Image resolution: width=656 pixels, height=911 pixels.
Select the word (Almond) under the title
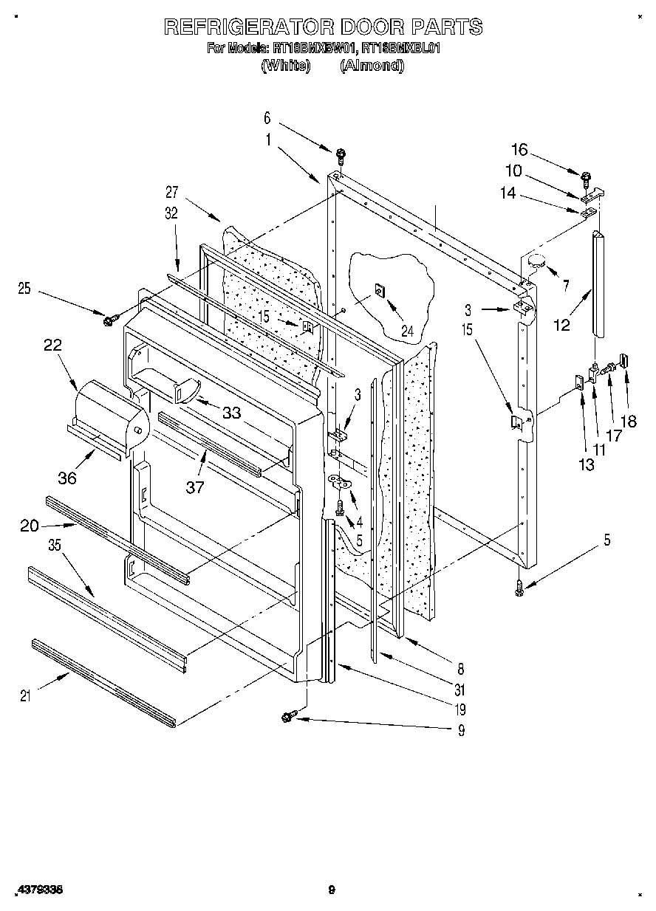tap(372, 65)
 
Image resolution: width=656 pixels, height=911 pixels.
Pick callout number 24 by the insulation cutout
tap(407, 331)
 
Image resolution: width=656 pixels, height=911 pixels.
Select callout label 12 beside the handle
tap(562, 324)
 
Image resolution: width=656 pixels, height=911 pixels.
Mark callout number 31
tap(460, 690)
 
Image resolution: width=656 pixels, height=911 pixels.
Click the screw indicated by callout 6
tap(341, 155)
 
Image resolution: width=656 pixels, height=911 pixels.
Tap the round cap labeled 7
tap(537, 260)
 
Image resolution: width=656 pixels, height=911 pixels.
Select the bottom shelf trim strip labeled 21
tap(103, 684)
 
